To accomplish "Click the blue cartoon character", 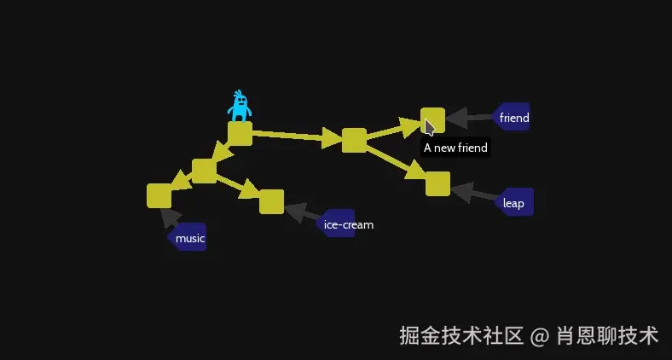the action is (x=240, y=107).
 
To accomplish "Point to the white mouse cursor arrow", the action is (x=429, y=127).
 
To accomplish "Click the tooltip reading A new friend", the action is (x=455, y=148).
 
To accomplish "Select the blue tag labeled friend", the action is (x=513, y=118).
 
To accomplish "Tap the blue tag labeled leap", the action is (x=514, y=203).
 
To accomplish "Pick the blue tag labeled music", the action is (x=188, y=238).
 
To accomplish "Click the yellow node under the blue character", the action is (x=240, y=134).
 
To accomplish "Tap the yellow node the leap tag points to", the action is (x=437, y=183).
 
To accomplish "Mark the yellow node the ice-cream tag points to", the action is (x=271, y=201).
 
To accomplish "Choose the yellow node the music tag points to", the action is (x=159, y=195).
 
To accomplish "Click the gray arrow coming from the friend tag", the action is (x=468, y=118).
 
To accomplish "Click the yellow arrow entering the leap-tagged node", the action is (x=398, y=163).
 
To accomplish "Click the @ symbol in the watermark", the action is (x=539, y=336).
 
